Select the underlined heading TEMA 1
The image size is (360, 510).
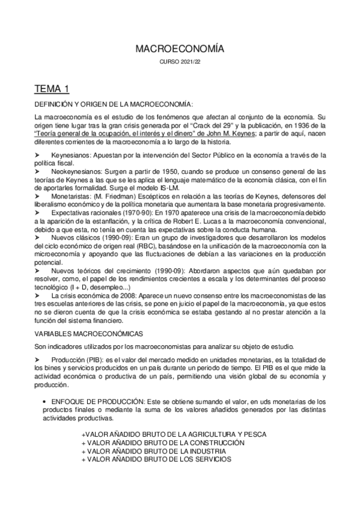[x=52, y=90]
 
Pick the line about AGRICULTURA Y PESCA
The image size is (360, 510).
[x=173, y=434]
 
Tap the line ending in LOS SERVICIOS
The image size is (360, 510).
[x=156, y=459]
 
